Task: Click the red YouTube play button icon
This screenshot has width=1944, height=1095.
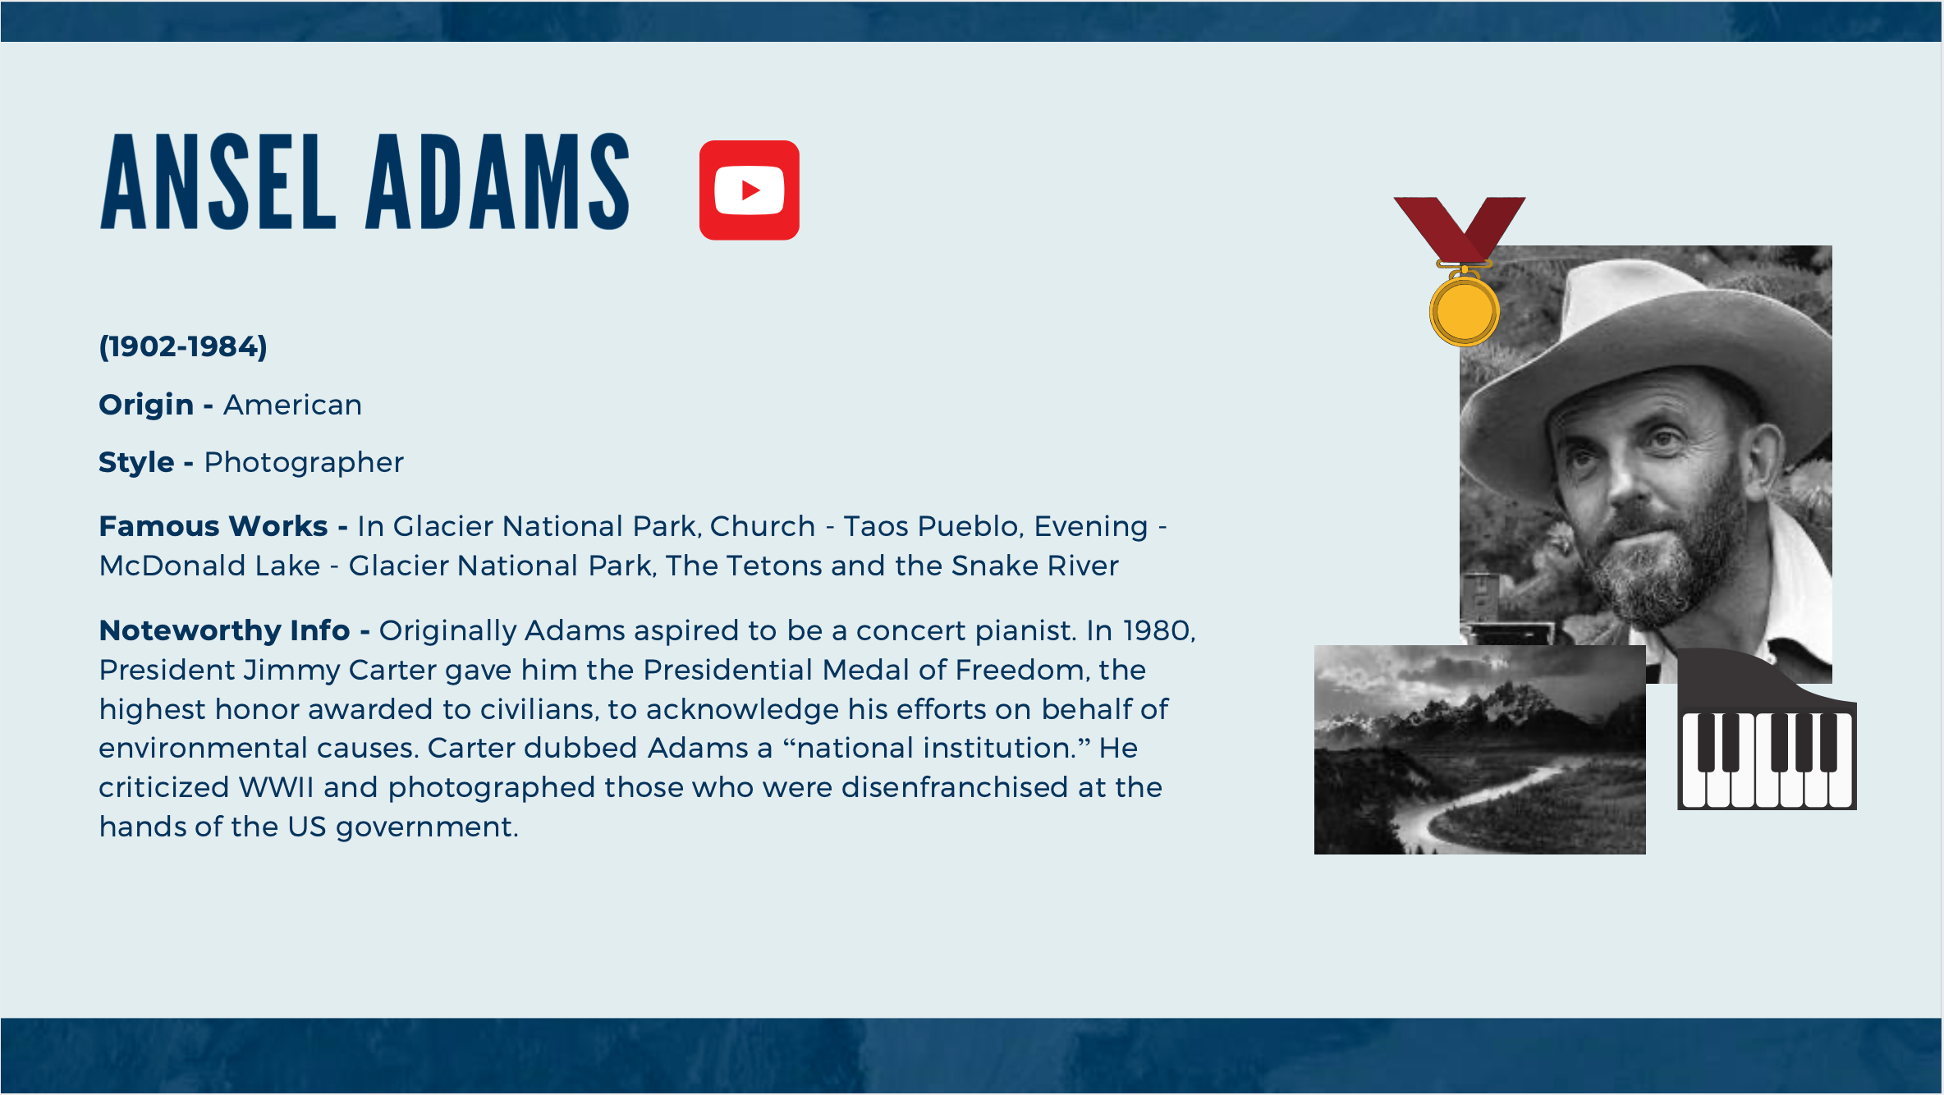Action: (749, 190)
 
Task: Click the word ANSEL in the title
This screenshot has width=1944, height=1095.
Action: (218, 182)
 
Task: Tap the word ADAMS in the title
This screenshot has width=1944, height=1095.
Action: (497, 182)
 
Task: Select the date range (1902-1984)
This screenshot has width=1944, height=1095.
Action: (183, 346)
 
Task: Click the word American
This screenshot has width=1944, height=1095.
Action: (292, 405)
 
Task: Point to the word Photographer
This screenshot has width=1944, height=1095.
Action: (304, 463)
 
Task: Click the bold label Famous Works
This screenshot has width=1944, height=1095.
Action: (213, 526)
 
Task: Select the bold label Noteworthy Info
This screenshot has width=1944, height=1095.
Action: (224, 630)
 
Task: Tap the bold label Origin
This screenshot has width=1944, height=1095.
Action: (146, 405)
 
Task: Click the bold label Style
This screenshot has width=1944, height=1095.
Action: (136, 463)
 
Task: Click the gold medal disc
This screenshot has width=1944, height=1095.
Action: (1465, 311)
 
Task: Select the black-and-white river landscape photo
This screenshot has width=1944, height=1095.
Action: (1479, 749)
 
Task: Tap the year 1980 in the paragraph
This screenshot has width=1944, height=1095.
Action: (1158, 630)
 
